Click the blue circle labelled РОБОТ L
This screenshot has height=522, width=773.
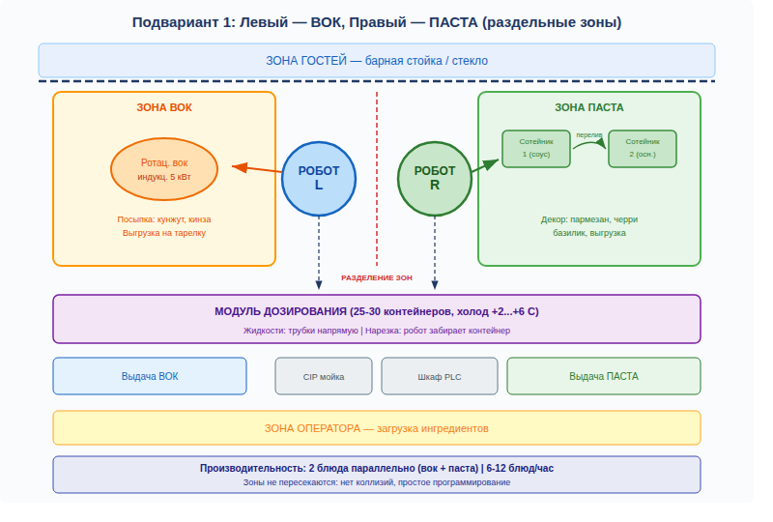[x=319, y=179]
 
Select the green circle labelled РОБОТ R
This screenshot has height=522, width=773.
[x=434, y=179]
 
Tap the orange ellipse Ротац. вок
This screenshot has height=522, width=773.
[x=164, y=169]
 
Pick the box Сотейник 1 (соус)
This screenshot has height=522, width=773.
[x=536, y=149]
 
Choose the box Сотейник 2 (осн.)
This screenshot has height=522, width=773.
[x=643, y=149]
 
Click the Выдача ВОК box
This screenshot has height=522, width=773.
[x=150, y=376]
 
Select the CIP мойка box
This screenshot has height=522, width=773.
[x=324, y=376]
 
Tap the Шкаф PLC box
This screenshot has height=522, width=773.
[x=440, y=376]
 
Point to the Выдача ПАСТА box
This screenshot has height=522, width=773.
[x=603, y=376]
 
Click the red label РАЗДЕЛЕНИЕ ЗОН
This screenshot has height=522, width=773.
[x=377, y=277]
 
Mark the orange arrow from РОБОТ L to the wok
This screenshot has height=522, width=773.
[x=256, y=169]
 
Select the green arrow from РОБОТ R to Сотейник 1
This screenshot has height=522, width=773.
[x=485, y=165]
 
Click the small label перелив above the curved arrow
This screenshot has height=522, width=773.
[x=589, y=134]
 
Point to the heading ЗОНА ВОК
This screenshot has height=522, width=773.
[x=164, y=107]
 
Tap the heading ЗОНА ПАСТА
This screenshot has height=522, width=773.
[x=589, y=107]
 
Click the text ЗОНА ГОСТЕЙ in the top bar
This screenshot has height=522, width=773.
[x=306, y=61]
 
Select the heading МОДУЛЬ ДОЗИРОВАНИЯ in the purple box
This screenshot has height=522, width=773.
[x=280, y=311]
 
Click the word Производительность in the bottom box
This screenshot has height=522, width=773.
[x=252, y=468]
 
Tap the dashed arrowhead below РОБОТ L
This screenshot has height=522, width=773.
[x=319, y=284]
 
